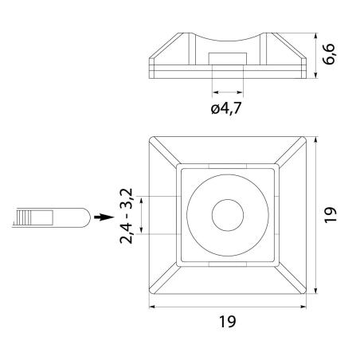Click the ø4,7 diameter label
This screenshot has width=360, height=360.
point(228,108)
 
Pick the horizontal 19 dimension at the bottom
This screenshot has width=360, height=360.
point(229,322)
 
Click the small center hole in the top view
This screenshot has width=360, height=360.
point(228,215)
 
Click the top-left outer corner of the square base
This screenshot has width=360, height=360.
point(151,139)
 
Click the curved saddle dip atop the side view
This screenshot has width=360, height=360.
point(228,41)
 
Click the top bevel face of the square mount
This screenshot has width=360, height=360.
point(228,151)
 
